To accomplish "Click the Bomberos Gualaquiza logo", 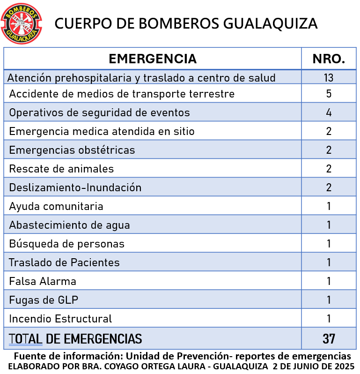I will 22,22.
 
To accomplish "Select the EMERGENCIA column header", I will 153,59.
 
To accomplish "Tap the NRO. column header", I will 329,59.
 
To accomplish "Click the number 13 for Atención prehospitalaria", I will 329,78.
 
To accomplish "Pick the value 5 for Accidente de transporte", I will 329,94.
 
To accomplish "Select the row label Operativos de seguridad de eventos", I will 99,112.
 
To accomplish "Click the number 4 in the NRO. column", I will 329,112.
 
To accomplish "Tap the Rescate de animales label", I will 61,169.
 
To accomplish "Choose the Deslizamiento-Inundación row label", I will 75,187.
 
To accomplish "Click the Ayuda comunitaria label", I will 56,206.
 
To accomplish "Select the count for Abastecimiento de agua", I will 329,225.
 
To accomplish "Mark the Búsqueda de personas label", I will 66,244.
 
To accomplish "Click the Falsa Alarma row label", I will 43,281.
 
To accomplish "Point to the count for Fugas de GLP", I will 329,300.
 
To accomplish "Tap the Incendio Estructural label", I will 60,319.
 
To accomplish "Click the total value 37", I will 329,338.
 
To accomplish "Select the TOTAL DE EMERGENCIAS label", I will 75,338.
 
